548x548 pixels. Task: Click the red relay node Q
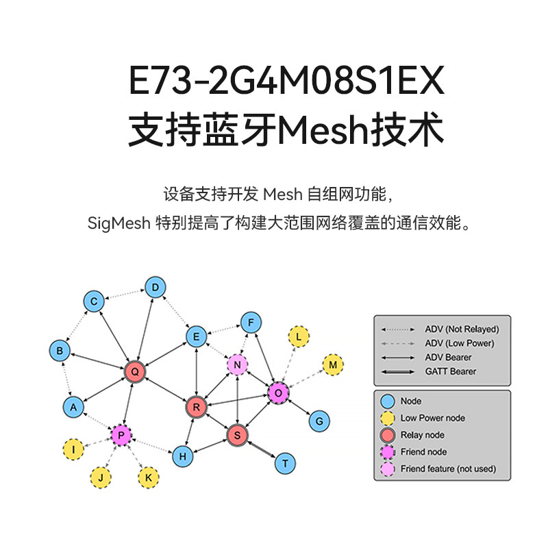coord(135,372)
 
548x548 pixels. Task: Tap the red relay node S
coord(237,434)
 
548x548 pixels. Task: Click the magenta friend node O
coord(278,393)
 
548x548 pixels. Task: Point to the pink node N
coord(237,365)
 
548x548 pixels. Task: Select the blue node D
coord(155,287)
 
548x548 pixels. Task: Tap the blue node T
coord(285,463)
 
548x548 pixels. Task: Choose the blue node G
coord(319,421)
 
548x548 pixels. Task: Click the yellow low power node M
coord(333,365)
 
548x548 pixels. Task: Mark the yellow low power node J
coord(101,477)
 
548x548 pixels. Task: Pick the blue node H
coord(182,455)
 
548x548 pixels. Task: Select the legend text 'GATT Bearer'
coord(450,371)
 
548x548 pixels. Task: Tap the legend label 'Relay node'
coord(422,435)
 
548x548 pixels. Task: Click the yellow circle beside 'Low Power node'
coord(388,418)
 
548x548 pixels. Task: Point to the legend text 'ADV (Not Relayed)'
coord(462,329)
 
